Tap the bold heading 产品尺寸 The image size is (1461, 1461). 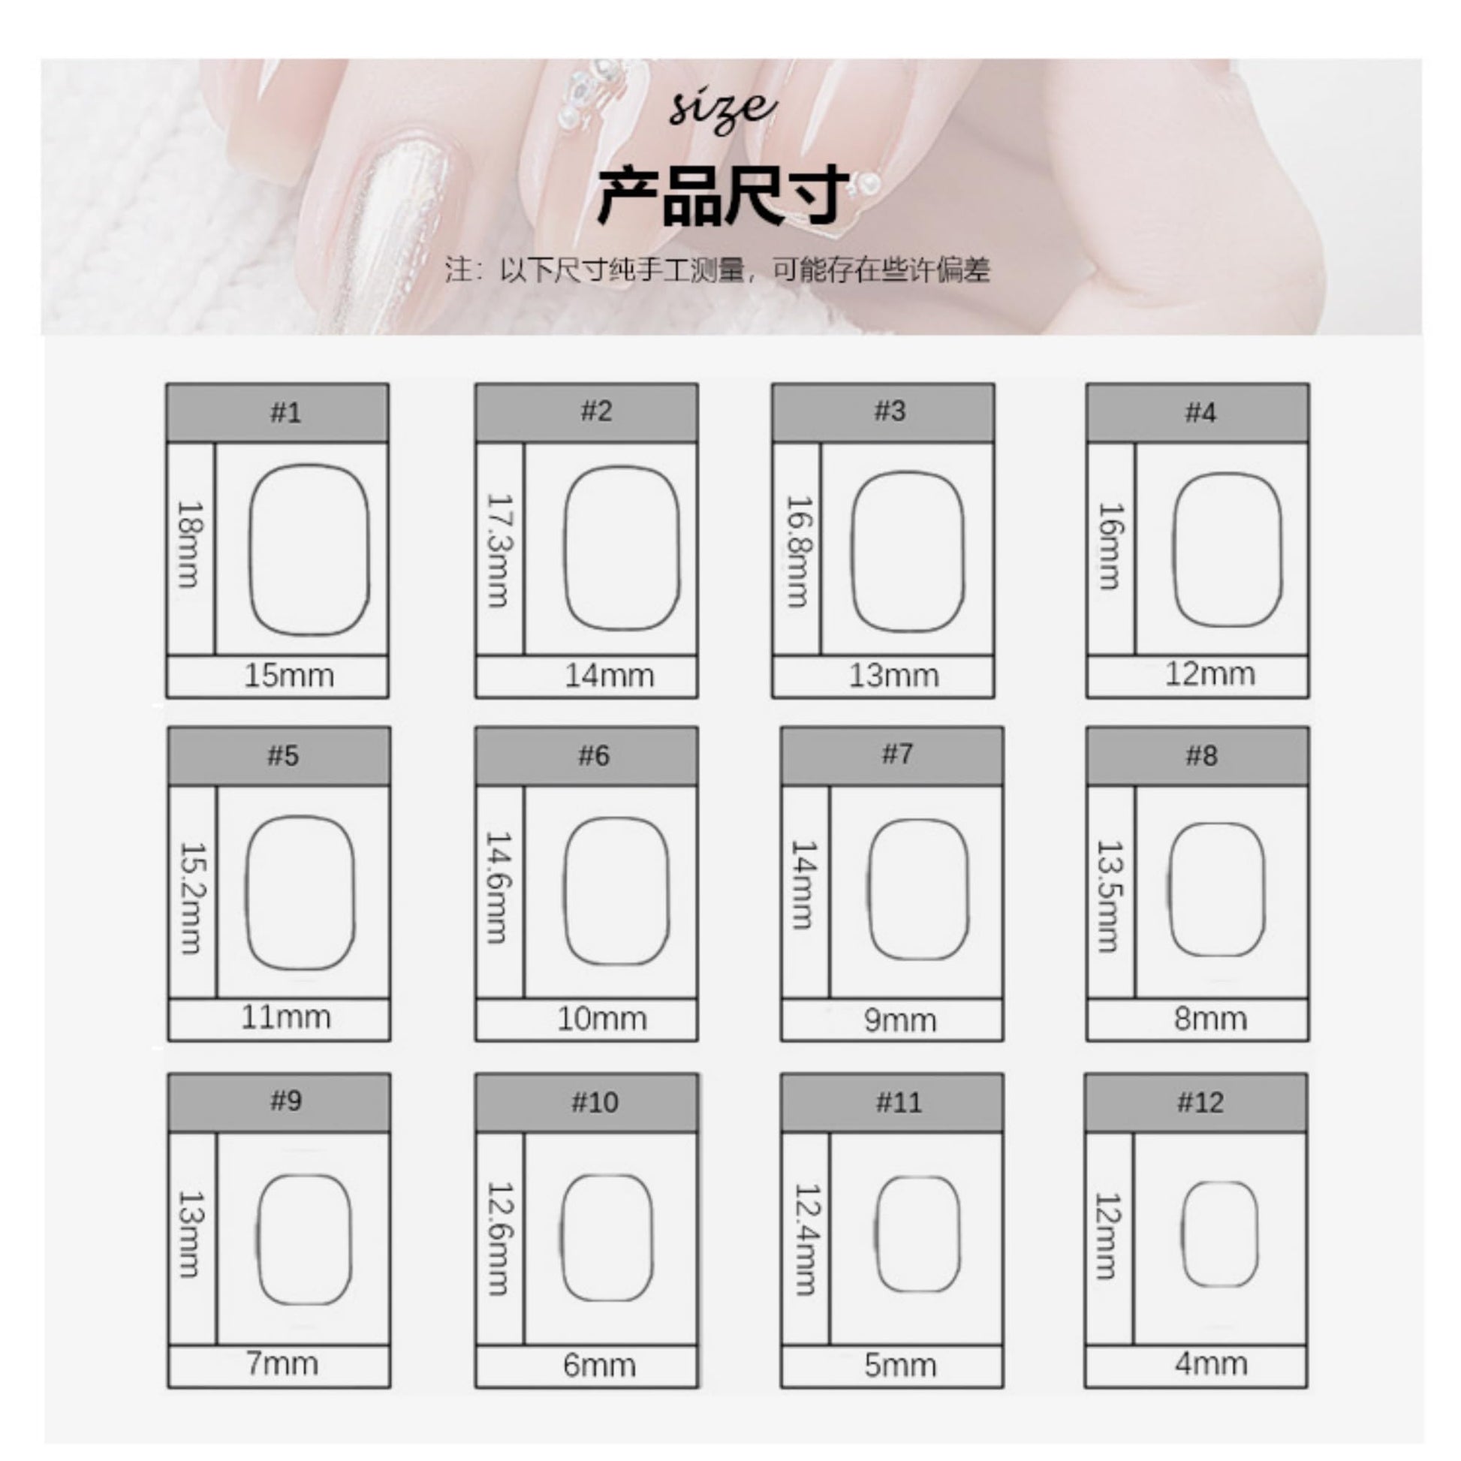[723, 195]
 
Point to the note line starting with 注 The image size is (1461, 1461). [717, 270]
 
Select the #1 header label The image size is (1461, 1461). [286, 412]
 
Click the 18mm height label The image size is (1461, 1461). [189, 544]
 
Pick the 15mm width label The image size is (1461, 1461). [289, 675]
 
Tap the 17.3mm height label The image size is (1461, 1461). [499, 550]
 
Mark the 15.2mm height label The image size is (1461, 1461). [191, 899]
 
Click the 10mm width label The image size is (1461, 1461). [602, 1019]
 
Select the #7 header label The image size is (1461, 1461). [898, 754]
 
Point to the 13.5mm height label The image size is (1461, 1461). [1110, 896]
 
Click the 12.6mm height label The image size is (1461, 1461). [499, 1238]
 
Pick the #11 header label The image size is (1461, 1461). [899, 1102]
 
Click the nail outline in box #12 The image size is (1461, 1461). [1182, 1234]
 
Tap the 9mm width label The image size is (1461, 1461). [900, 1020]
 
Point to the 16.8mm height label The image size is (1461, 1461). [800, 551]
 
